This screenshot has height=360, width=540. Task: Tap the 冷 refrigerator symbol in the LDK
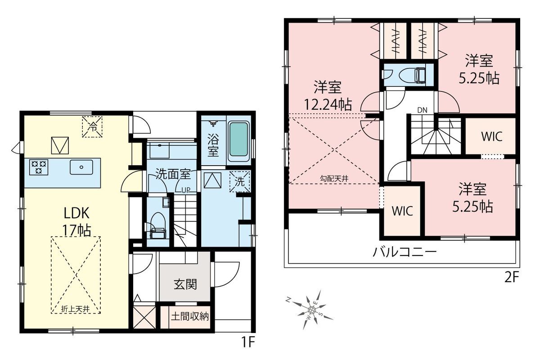(92, 126)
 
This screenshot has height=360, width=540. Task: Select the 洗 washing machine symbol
(240, 181)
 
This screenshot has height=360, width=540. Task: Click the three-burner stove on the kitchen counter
(39, 167)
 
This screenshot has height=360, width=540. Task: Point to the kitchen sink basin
(81, 167)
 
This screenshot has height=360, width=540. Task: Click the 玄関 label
(185, 284)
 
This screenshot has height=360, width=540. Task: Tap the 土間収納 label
(190, 316)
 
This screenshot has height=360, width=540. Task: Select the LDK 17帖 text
(76, 221)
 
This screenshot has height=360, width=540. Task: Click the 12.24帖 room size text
(328, 105)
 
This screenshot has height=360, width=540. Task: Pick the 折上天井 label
(76, 309)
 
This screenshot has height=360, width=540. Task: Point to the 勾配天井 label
(334, 179)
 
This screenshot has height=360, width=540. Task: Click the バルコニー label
(405, 252)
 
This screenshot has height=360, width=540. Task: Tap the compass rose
(311, 309)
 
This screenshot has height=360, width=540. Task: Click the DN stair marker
(422, 110)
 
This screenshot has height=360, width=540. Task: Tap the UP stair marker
(186, 190)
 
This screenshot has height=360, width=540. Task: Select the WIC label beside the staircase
(492, 136)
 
